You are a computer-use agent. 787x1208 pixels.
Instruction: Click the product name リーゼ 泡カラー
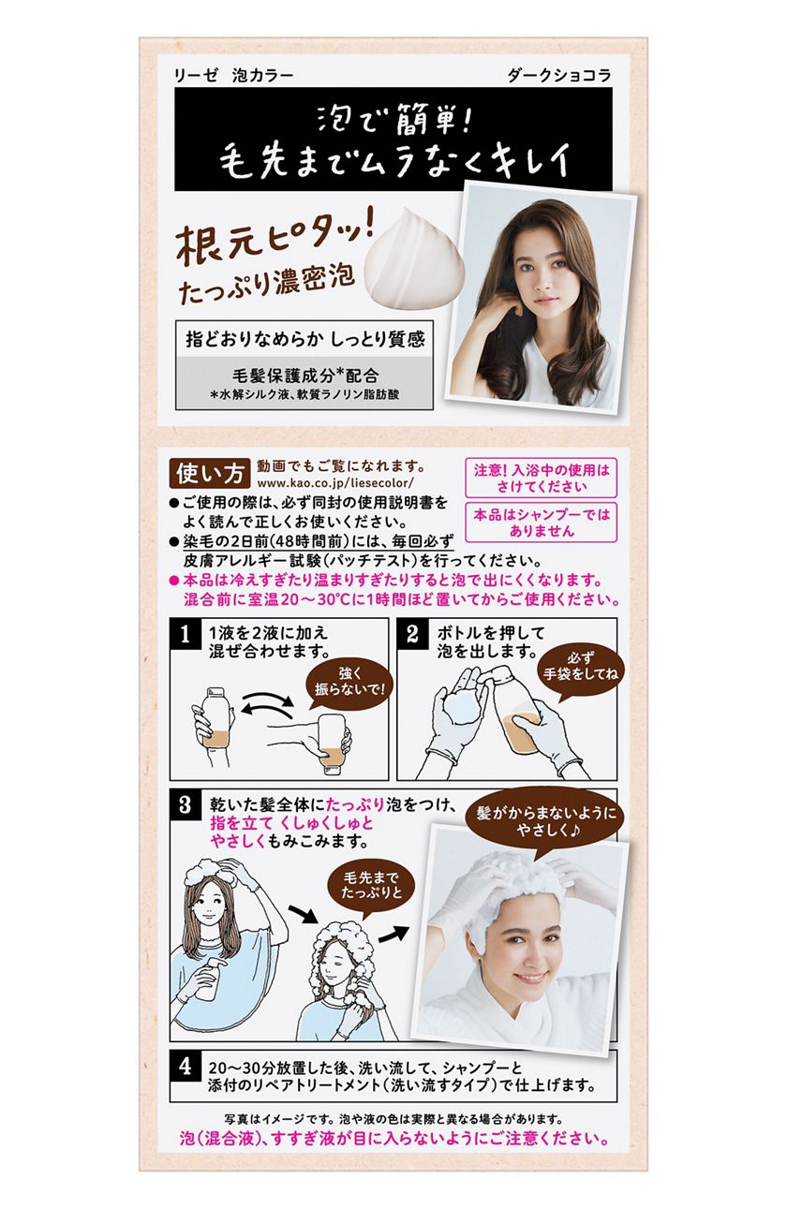233,76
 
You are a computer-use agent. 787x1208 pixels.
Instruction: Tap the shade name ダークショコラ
558,76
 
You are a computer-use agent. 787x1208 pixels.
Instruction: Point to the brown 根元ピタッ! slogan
275,243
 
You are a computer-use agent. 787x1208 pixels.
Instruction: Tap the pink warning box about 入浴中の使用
541,478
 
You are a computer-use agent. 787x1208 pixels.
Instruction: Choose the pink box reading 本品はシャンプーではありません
541,522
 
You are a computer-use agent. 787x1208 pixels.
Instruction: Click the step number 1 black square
185,633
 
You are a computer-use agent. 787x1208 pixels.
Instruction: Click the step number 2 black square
411,633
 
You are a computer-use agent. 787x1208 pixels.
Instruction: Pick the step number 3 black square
185,804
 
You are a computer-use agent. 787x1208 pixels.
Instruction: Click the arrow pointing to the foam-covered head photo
393,933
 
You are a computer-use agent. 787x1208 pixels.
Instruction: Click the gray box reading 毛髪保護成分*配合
304,382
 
